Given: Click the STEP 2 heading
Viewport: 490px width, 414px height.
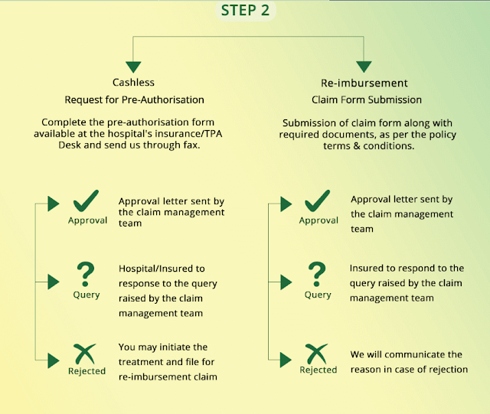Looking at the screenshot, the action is [245, 10].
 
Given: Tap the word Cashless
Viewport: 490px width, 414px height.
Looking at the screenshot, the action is [133, 82].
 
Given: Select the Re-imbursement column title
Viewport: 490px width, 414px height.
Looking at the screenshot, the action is [364, 83].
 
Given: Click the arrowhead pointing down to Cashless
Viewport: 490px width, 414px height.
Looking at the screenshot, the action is [133, 67].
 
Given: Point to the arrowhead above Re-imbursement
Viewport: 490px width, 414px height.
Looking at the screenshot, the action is [364, 67].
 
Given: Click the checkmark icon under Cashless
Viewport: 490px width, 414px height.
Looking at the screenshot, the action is [86, 201].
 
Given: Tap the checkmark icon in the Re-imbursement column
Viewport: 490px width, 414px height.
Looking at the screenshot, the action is [317, 201].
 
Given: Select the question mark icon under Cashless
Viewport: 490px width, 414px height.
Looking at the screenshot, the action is [85, 274].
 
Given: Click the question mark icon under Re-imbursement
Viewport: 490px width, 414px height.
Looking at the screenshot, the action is [316, 274].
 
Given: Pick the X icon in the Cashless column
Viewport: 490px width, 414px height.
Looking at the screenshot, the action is [84, 354].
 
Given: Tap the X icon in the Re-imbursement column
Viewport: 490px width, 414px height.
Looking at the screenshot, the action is [316, 354].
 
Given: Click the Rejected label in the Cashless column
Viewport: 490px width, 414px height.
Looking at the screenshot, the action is [87, 371].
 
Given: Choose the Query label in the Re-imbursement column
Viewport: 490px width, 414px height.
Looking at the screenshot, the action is [318, 295].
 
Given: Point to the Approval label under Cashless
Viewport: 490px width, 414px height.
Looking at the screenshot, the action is [87, 220].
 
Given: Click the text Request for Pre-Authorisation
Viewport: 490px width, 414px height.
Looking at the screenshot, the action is [135, 99].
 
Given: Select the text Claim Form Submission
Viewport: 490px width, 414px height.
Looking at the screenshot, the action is [367, 99].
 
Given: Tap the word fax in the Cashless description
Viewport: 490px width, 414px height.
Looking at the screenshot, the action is [191, 145].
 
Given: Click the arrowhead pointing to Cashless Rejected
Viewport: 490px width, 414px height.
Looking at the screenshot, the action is [54, 360].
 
